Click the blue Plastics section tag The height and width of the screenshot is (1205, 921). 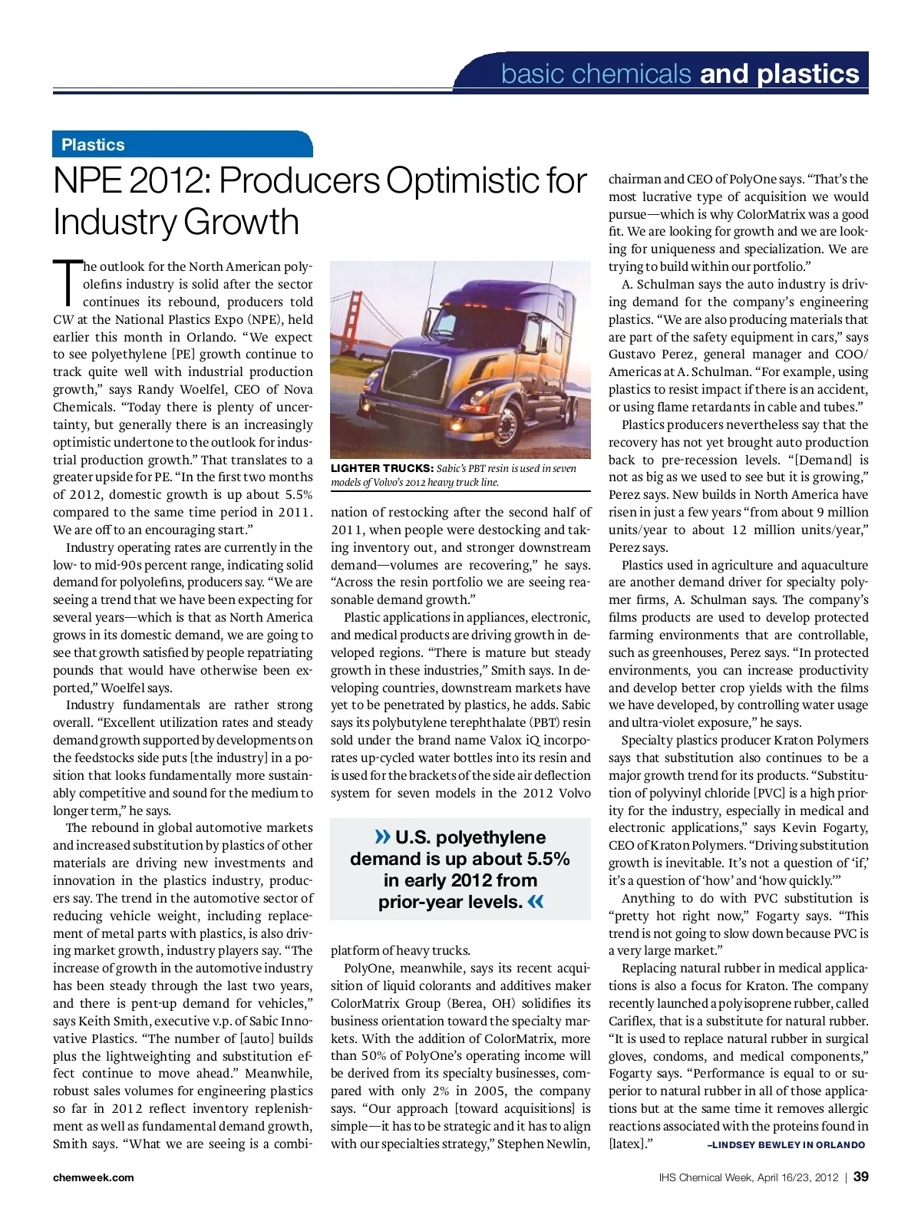pos(94,144)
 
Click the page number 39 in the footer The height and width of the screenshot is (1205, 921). pos(861,1177)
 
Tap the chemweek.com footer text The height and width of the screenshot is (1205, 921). pos(93,1177)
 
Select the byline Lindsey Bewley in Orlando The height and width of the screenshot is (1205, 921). pos(786,1144)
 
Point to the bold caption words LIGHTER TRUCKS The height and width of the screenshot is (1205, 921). pos(381,468)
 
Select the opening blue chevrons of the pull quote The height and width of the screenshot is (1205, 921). pos(382,837)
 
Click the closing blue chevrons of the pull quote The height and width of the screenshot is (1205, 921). pos(536,901)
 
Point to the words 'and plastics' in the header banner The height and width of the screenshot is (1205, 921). pos(779,74)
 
